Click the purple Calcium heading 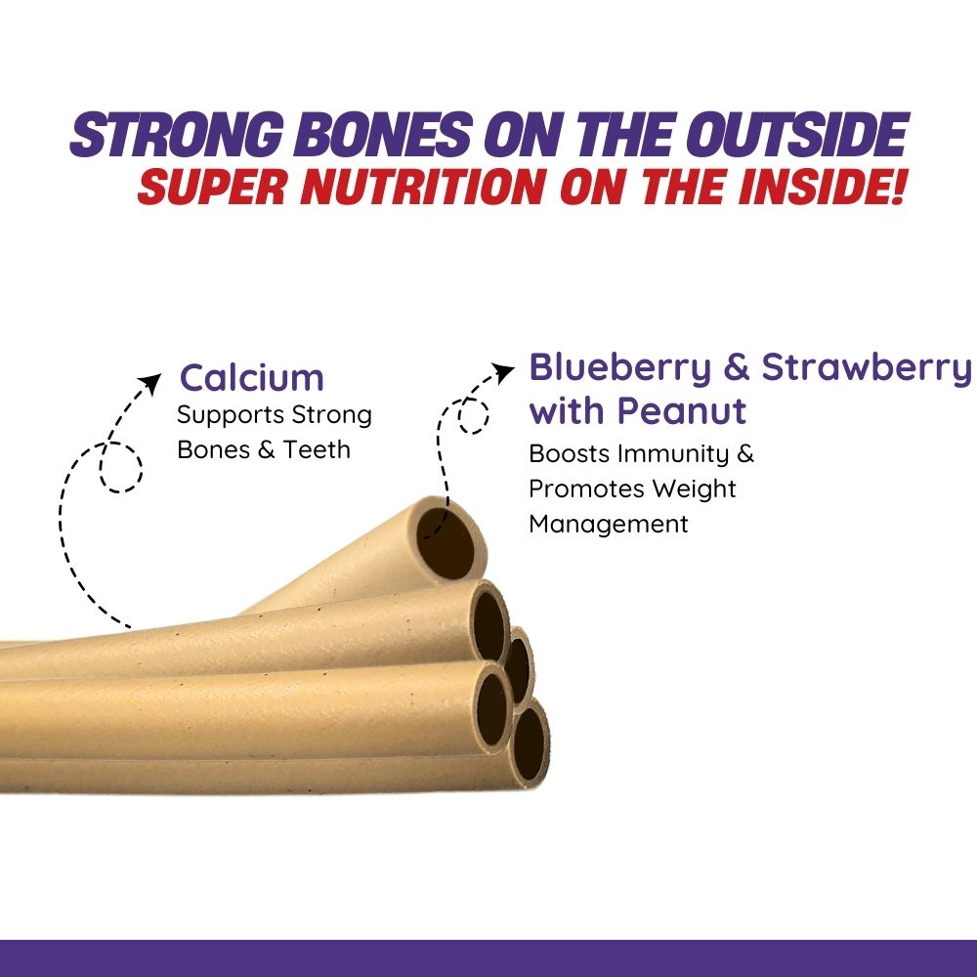pos(251,378)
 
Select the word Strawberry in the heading pos(867,368)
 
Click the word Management pos(609,524)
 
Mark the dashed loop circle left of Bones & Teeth pos(120,467)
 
